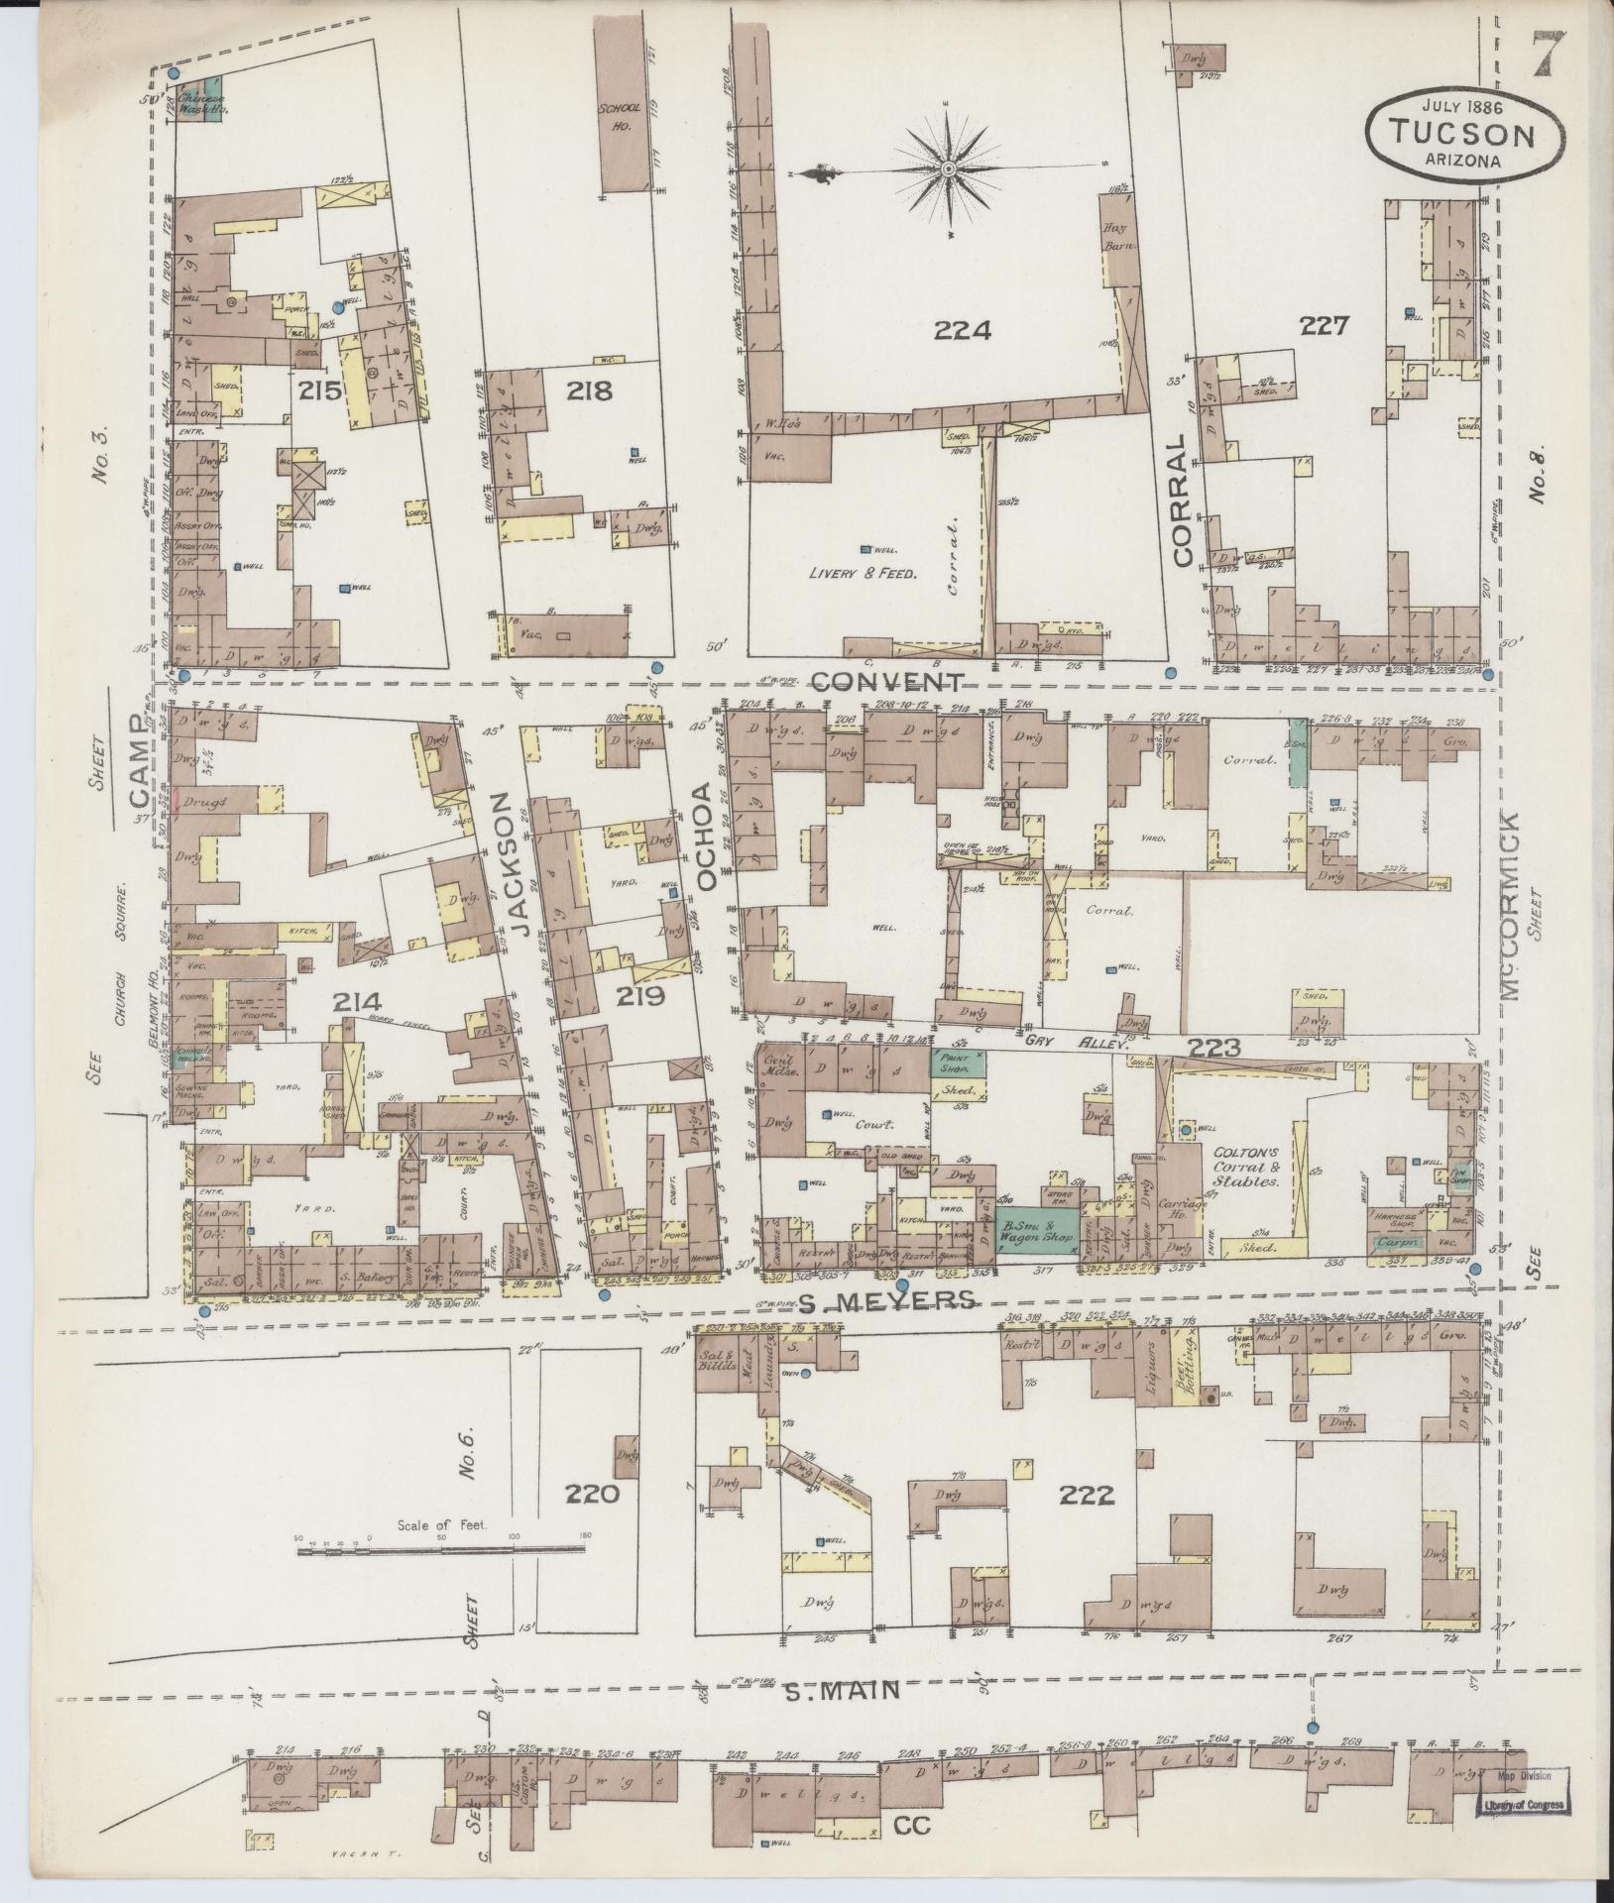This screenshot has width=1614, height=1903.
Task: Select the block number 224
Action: [x=962, y=331]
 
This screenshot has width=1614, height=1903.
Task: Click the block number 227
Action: [x=1325, y=325]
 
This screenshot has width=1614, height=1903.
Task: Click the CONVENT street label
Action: [x=887, y=682]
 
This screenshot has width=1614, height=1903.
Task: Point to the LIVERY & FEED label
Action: [x=859, y=572]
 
